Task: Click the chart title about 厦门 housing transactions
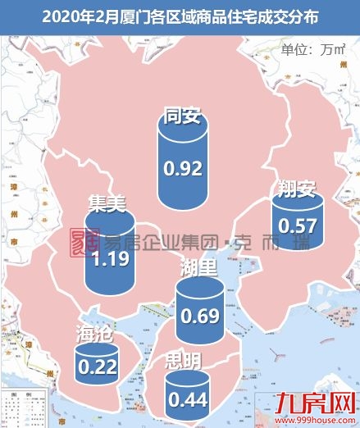(180, 14)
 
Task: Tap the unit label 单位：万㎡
(315, 48)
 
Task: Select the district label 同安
(182, 115)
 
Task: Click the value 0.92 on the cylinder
(183, 169)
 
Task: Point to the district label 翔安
(296, 191)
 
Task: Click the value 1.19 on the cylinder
(109, 260)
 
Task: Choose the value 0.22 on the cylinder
(97, 367)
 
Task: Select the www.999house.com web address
(321, 420)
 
